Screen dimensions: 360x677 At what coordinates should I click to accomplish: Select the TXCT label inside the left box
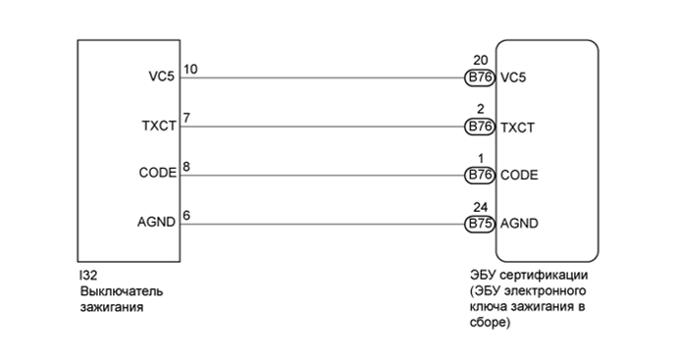(159, 126)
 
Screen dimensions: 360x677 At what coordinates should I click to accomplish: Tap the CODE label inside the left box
(157, 174)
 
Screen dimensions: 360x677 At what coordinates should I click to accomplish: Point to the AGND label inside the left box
(158, 223)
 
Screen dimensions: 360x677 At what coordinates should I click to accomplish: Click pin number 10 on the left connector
(190, 69)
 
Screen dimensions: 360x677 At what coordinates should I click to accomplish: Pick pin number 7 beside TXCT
(186, 118)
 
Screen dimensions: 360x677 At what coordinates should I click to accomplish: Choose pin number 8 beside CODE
(186, 167)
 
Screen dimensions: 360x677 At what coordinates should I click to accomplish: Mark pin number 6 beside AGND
(186, 215)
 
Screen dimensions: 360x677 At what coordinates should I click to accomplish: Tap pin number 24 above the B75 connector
(479, 207)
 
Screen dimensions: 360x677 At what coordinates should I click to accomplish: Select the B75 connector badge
(480, 224)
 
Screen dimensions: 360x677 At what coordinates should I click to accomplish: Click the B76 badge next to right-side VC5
(480, 77)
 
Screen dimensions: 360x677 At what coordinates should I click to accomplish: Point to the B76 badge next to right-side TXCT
(480, 127)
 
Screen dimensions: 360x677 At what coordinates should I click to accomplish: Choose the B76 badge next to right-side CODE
(480, 176)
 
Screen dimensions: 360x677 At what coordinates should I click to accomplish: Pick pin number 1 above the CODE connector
(479, 158)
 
